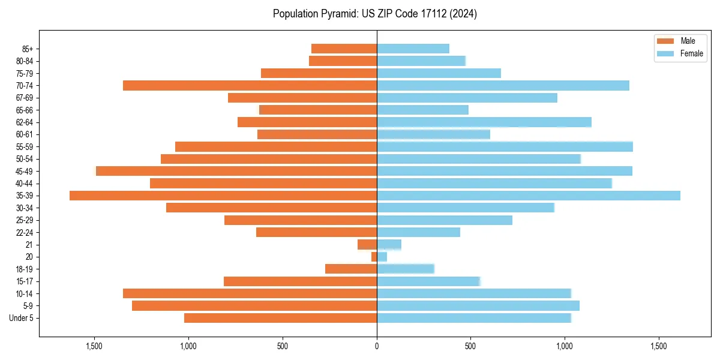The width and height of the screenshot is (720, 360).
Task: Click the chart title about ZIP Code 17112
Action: [374, 14]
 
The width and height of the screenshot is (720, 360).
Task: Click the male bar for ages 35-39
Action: [223, 196]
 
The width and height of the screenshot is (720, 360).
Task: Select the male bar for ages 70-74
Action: [250, 85]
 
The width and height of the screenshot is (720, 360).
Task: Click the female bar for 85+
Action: [413, 49]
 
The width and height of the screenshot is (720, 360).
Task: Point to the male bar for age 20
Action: [374, 257]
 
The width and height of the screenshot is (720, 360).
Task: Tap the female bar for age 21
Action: [389, 245]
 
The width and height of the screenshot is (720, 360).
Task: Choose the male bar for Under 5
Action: [280, 318]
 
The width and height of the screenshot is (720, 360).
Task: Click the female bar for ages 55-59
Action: [505, 146]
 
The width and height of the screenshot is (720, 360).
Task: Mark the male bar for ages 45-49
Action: [236, 171]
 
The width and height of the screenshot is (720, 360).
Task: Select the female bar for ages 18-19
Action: [405, 269]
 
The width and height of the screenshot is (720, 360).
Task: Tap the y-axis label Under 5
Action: [22, 318]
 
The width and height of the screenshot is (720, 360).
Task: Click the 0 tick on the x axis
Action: [377, 346]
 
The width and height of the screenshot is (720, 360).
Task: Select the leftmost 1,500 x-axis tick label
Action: [94, 346]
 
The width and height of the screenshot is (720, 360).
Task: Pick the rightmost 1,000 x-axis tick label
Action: [565, 346]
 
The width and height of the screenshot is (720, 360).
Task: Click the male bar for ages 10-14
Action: [250, 293]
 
